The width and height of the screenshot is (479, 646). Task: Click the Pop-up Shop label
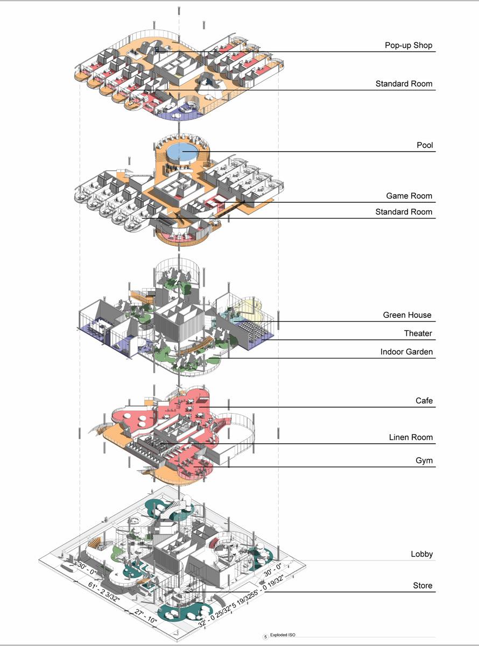pos(408,45)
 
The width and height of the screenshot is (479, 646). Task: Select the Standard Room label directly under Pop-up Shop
pos(404,84)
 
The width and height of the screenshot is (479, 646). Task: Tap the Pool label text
pos(425,145)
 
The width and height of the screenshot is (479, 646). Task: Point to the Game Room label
pos(409,196)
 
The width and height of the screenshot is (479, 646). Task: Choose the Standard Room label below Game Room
pos(404,212)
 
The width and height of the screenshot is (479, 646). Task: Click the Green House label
pos(407,315)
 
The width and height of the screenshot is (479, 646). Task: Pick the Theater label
pos(418,333)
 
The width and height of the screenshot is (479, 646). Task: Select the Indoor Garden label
pos(406,352)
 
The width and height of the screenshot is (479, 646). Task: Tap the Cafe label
pos(424,401)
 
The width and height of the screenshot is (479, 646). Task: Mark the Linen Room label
pos(411,437)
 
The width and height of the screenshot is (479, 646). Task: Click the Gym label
pos(424,461)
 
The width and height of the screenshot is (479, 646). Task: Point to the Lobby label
pos(421,554)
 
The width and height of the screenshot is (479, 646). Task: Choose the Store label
pos(422,585)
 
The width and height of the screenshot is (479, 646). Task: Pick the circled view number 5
pos(265,636)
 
